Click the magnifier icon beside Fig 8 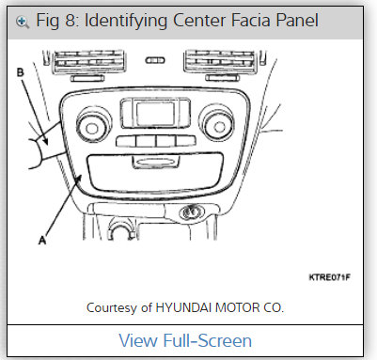pos(22,20)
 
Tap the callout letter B pos(21,70)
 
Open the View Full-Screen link pos(188,340)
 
